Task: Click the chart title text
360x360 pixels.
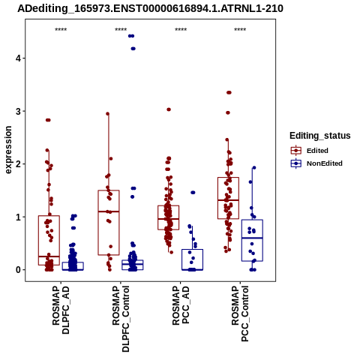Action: pyautogui.click(x=150, y=8)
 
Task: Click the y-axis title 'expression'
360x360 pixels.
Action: pyautogui.click(x=8, y=150)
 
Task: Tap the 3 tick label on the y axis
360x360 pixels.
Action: pyautogui.click(x=18, y=111)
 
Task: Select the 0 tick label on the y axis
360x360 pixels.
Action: pyautogui.click(x=18, y=270)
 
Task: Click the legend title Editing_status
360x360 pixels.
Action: pyautogui.click(x=320, y=136)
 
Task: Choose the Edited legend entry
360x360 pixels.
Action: pyautogui.click(x=317, y=151)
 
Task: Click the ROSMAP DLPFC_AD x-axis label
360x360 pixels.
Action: pyautogui.click(x=61, y=310)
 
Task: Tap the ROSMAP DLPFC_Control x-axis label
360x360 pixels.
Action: pyautogui.click(x=121, y=319)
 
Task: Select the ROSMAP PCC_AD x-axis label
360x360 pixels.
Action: pyautogui.click(x=181, y=305)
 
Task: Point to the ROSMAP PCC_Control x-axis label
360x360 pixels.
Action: pyautogui.click(x=240, y=313)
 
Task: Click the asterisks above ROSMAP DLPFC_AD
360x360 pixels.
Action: pyautogui.click(x=61, y=30)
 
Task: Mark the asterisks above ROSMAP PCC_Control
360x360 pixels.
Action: pyautogui.click(x=240, y=30)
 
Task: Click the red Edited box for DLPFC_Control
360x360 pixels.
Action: pyautogui.click(x=109, y=223)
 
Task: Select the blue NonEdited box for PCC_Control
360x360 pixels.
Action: pyautogui.click(x=252, y=241)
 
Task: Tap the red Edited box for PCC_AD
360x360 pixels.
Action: pyautogui.click(x=169, y=217)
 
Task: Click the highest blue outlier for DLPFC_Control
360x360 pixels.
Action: pyautogui.click(x=131, y=36)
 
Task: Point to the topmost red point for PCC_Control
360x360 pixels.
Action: pyautogui.click(x=229, y=92)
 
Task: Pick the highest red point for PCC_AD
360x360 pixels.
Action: pyautogui.click(x=169, y=109)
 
